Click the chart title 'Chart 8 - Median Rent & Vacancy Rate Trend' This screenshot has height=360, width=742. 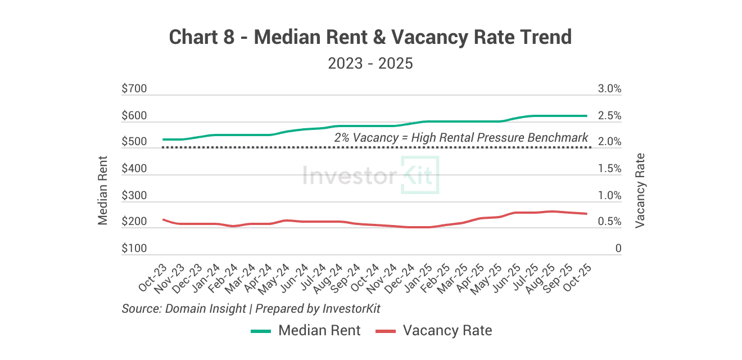(370, 38)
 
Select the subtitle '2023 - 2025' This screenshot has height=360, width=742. (370, 64)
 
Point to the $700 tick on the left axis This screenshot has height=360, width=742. (134, 89)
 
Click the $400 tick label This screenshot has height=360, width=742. (134, 169)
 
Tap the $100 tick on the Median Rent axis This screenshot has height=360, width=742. (134, 249)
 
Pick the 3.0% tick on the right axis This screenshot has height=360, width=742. (610, 89)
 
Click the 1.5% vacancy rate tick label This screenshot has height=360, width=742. (610, 169)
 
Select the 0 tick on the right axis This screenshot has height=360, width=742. (618, 249)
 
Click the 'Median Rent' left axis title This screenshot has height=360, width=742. (103, 190)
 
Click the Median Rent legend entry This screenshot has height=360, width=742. (306, 331)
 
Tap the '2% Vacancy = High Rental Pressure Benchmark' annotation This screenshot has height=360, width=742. (461, 137)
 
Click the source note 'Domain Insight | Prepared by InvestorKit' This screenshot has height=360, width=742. (251, 309)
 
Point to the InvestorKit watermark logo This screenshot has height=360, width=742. (370, 175)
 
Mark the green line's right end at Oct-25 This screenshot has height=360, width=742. (587, 116)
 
